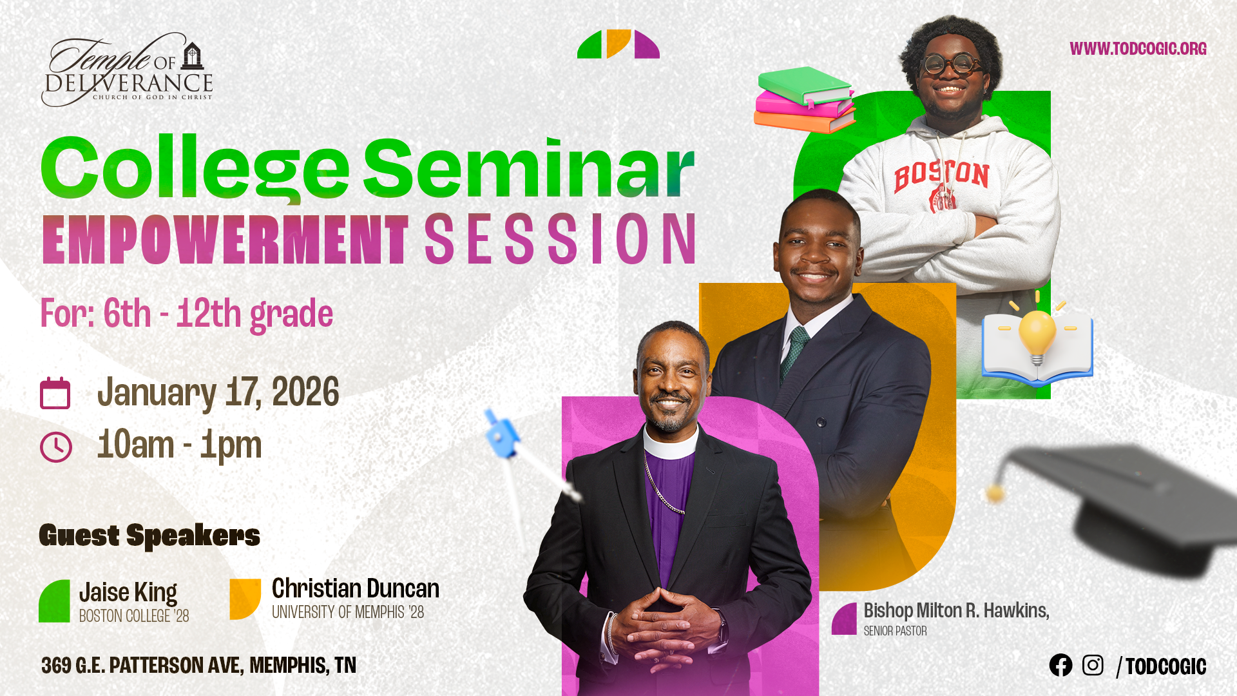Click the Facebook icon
(1060, 665)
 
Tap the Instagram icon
(1093, 665)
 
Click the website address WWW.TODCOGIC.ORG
(1138, 49)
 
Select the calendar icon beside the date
(55, 393)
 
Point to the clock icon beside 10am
(56, 447)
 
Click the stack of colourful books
(805, 100)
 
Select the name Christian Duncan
(356, 588)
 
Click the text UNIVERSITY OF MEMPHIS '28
(348, 612)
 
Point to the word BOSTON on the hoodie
(941, 175)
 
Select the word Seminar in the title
(529, 168)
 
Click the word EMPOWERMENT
(225, 240)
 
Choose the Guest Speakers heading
(149, 536)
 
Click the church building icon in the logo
(192, 56)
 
